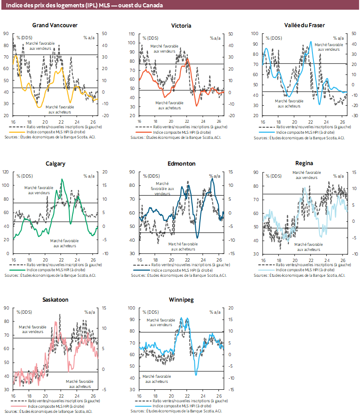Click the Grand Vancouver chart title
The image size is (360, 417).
pyautogui.click(x=55, y=25)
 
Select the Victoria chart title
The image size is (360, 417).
pyautogui.click(x=181, y=25)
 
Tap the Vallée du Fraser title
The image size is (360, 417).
pyautogui.click(x=305, y=25)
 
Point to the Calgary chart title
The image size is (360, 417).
pyautogui.click(x=55, y=164)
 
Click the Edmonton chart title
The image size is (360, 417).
pyautogui.click(x=181, y=164)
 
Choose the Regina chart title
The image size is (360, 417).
pyautogui.click(x=304, y=163)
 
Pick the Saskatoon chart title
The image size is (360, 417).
pyautogui.click(x=55, y=300)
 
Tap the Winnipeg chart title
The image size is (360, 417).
pyautogui.click(x=181, y=300)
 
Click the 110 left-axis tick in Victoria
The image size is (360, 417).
pyautogui.click(x=132, y=34)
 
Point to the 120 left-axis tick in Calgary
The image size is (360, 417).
pyautogui.click(x=6, y=172)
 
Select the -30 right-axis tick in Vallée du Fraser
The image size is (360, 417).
pyautogui.click(x=354, y=116)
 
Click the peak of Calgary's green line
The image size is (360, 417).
pyautogui.click(x=62, y=179)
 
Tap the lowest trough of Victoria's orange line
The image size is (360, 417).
pyautogui.click(x=197, y=106)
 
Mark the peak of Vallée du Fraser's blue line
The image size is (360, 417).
pyautogui.click(x=311, y=42)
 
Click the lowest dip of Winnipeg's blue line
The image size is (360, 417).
pyautogui.click(x=196, y=375)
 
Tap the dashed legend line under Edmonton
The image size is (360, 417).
pyautogui.click(x=142, y=265)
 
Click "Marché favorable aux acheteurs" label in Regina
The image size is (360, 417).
pyautogui.click(x=309, y=247)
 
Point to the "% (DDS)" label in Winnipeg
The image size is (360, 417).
pyautogui.click(x=150, y=312)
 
